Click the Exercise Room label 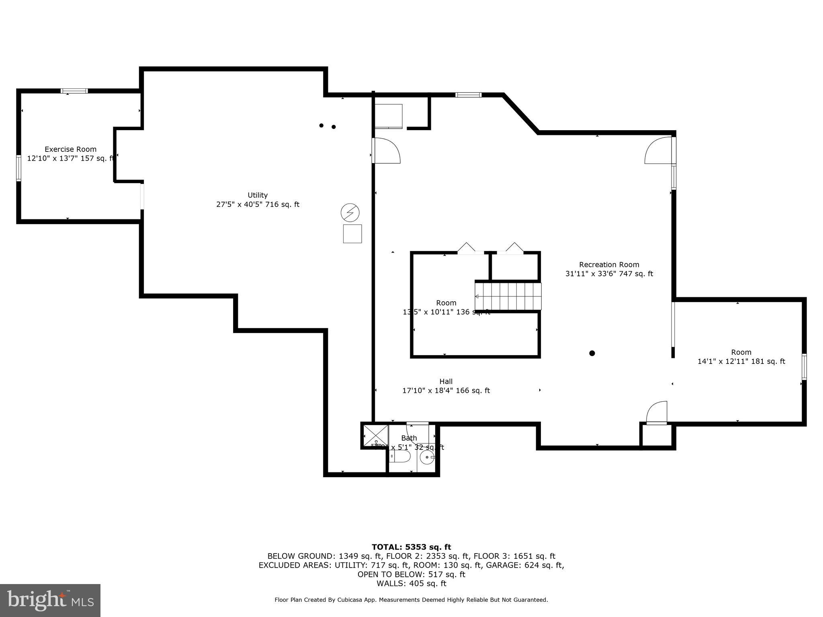pyautogui.click(x=70, y=149)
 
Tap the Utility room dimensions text pyautogui.click(x=258, y=204)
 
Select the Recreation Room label pyautogui.click(x=609, y=265)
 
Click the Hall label pyautogui.click(x=446, y=382)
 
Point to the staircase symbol pyautogui.click(x=508, y=296)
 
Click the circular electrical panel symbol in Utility pyautogui.click(x=350, y=213)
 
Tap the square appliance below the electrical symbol pyautogui.click(x=352, y=234)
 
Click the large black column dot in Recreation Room pyautogui.click(x=592, y=353)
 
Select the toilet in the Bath pyautogui.click(x=400, y=456)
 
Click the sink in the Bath pyautogui.click(x=427, y=457)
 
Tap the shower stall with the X pyautogui.click(x=375, y=435)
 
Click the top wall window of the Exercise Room pyautogui.click(x=74, y=91)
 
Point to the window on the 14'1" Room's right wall pyautogui.click(x=804, y=366)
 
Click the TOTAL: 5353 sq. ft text pyautogui.click(x=411, y=547)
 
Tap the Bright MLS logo pyautogui.click(x=50, y=600)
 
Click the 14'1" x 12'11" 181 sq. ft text pyautogui.click(x=741, y=362)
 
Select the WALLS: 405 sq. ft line pyautogui.click(x=411, y=584)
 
